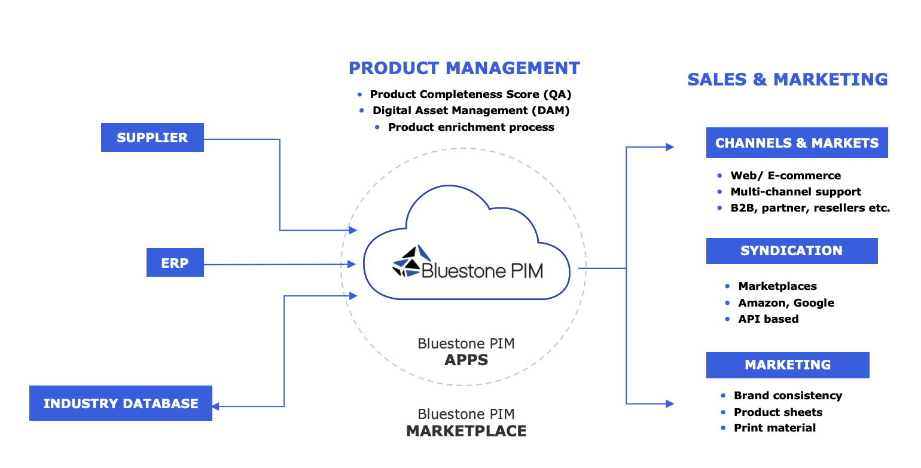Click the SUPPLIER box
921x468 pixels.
coord(152,137)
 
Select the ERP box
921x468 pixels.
coord(175,263)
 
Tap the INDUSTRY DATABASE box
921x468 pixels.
coord(120,403)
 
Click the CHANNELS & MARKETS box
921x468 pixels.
coord(797,143)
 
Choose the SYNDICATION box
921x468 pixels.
coord(791,251)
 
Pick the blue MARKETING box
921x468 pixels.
coord(787,365)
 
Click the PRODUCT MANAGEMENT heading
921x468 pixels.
coord(464,68)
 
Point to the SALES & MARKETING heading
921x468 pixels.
coord(787,79)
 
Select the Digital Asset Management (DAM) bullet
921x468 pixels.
coord(471,111)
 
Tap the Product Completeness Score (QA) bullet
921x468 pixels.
coord(471,94)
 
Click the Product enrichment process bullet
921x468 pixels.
coord(471,127)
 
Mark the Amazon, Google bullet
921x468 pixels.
coord(786,303)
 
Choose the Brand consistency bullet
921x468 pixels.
coord(788,396)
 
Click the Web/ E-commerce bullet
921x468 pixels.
coord(785,176)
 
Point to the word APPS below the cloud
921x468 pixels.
coord(466,360)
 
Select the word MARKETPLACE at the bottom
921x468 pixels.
coord(466,431)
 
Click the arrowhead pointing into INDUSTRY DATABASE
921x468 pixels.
coord(216,406)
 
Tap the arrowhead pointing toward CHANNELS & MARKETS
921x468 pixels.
coord(670,147)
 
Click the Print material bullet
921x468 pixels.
coord(774,428)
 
